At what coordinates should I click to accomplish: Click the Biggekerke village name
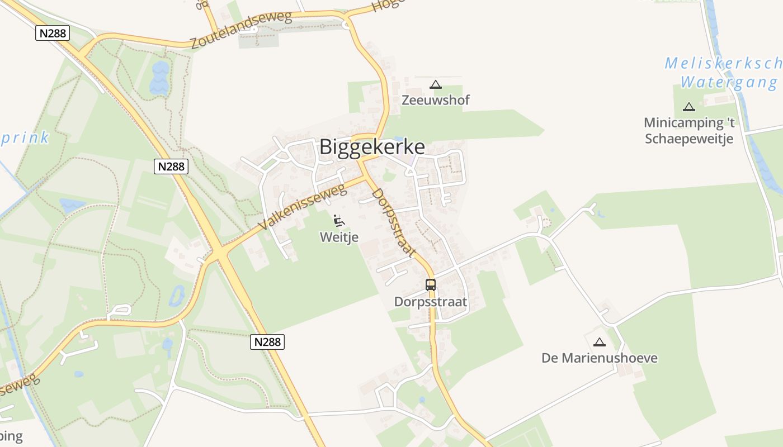coord(372,147)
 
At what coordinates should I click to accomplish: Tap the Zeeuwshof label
coord(436,101)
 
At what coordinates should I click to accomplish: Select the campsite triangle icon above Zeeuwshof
coord(436,85)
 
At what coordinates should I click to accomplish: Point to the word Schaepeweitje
coord(689,139)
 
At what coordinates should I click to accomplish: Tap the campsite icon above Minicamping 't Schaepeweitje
coord(689,107)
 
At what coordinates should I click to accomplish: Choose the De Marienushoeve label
coord(600,358)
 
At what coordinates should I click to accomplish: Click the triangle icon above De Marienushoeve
coord(600,342)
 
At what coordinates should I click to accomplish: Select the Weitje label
coord(339,237)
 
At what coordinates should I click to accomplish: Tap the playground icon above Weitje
coord(339,220)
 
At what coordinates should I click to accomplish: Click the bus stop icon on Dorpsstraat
coord(430,284)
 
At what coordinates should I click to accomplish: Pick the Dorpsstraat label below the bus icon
coord(430,302)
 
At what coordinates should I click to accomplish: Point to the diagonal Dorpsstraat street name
coord(394,222)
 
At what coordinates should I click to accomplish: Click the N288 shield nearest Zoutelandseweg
coord(52,33)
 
